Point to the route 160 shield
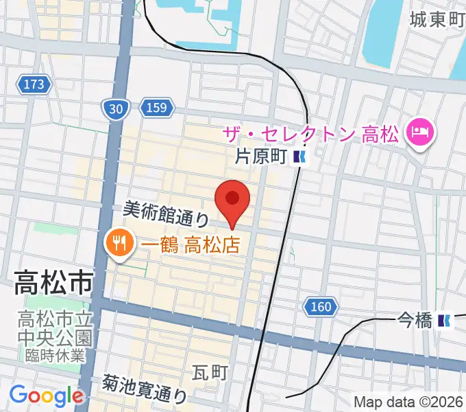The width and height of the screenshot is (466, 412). (x=319, y=306)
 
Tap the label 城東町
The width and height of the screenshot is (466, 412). (x=437, y=20)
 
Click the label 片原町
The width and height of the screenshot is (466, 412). (x=260, y=157)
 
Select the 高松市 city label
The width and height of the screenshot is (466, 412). (x=53, y=282)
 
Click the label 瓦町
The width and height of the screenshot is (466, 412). (x=210, y=374)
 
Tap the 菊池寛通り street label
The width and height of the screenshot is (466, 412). (x=145, y=388)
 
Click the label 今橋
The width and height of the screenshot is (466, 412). (x=415, y=320)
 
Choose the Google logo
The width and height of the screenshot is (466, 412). (x=46, y=396)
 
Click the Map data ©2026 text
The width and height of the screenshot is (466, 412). (x=408, y=402)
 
